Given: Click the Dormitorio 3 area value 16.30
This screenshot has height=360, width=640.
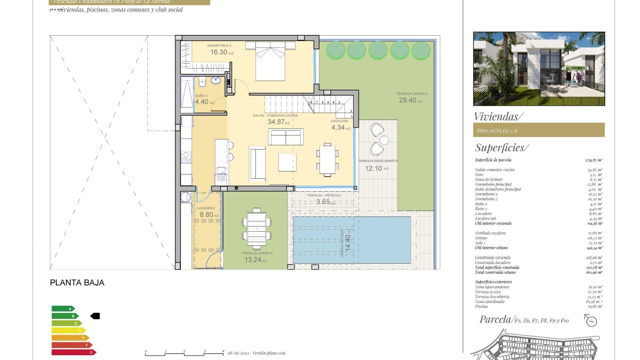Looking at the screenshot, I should (x=219, y=52).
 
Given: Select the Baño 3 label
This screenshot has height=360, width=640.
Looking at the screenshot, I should (x=201, y=96).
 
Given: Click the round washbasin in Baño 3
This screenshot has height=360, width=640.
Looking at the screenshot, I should (x=215, y=80).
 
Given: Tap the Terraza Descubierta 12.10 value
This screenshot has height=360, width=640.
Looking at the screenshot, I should (x=373, y=168).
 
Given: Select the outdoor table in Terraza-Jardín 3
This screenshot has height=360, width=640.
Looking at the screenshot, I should (x=257, y=229).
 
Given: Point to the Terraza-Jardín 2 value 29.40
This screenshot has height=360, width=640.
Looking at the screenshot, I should (x=408, y=100).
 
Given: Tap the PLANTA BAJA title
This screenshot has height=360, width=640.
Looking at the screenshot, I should (x=77, y=283).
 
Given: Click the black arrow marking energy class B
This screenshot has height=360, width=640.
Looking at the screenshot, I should (x=95, y=316).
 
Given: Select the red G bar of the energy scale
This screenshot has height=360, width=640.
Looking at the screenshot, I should (x=73, y=352).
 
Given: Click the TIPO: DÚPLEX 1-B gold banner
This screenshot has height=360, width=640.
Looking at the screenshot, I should (x=539, y=130).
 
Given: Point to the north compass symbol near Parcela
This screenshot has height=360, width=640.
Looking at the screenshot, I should (x=591, y=321).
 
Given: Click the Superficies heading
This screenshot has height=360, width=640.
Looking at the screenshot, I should (x=502, y=148).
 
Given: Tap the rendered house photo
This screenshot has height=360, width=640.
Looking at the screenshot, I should (x=539, y=69).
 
